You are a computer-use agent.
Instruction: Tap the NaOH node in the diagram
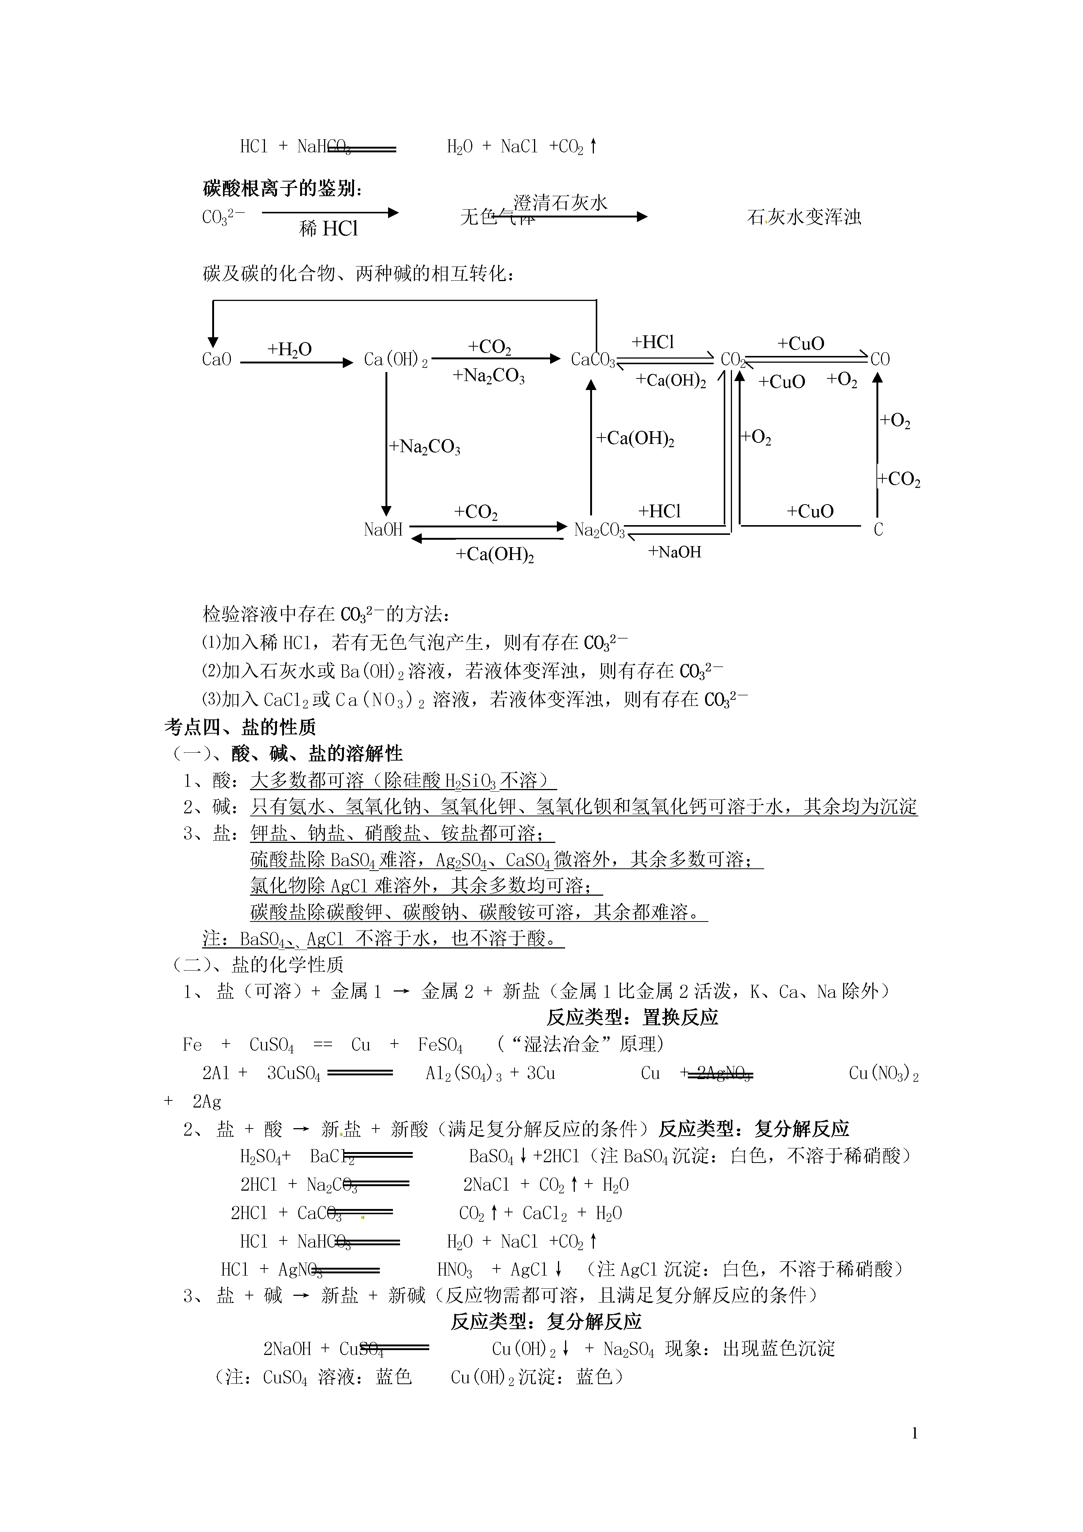383,530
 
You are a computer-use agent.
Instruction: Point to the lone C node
878,530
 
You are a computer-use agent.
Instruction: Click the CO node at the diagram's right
880,360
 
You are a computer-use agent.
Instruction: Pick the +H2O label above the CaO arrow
290,349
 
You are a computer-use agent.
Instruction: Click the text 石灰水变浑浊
804,217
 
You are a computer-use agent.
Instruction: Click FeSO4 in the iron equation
440,1045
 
